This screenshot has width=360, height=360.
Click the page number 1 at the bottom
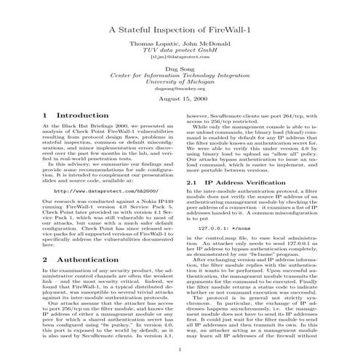[x=179, y=350]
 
